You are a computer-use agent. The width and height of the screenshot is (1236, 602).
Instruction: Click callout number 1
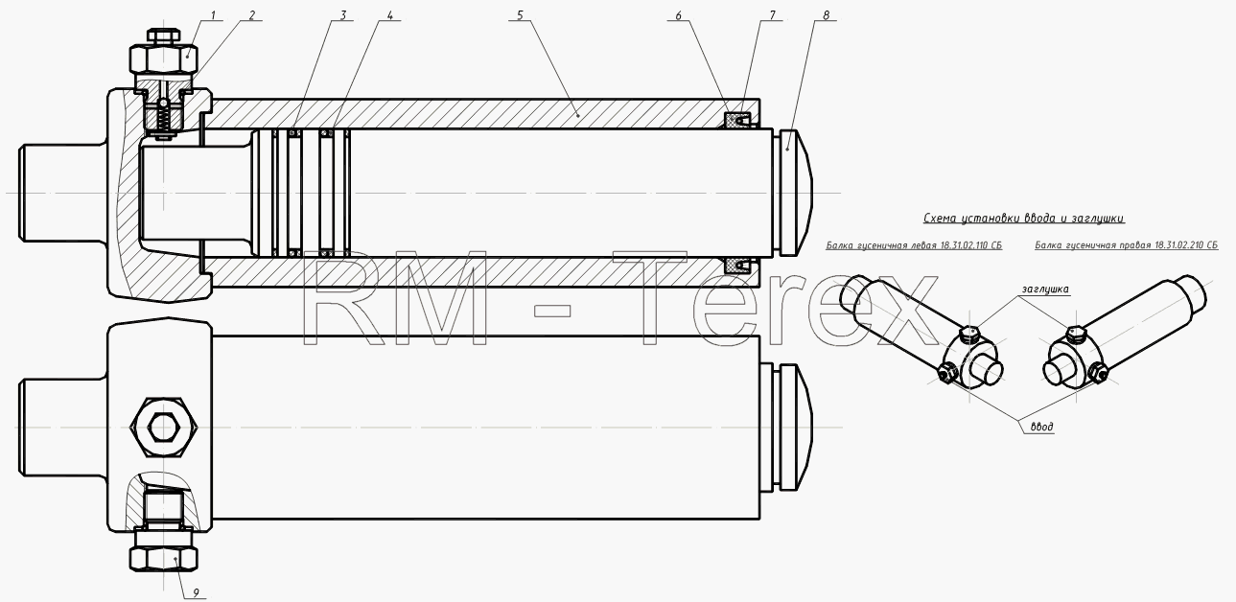pyautogui.click(x=213, y=15)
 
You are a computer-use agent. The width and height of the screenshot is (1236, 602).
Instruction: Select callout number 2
pyautogui.click(x=252, y=15)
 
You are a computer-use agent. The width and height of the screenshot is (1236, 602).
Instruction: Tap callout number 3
pyautogui.click(x=343, y=15)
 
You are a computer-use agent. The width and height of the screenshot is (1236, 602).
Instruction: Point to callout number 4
pyautogui.click(x=389, y=15)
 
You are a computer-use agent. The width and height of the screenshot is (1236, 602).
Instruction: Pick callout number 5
pyautogui.click(x=520, y=15)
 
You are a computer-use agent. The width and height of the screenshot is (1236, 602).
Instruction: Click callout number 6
pyautogui.click(x=678, y=15)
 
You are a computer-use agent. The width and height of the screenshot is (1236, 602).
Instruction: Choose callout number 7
pyautogui.click(x=772, y=15)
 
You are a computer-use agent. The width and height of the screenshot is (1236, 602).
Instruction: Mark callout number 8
pyautogui.click(x=826, y=15)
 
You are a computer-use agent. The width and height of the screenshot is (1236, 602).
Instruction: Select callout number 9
pyautogui.click(x=196, y=593)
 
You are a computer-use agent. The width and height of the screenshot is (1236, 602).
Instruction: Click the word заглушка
pyautogui.click(x=1045, y=289)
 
